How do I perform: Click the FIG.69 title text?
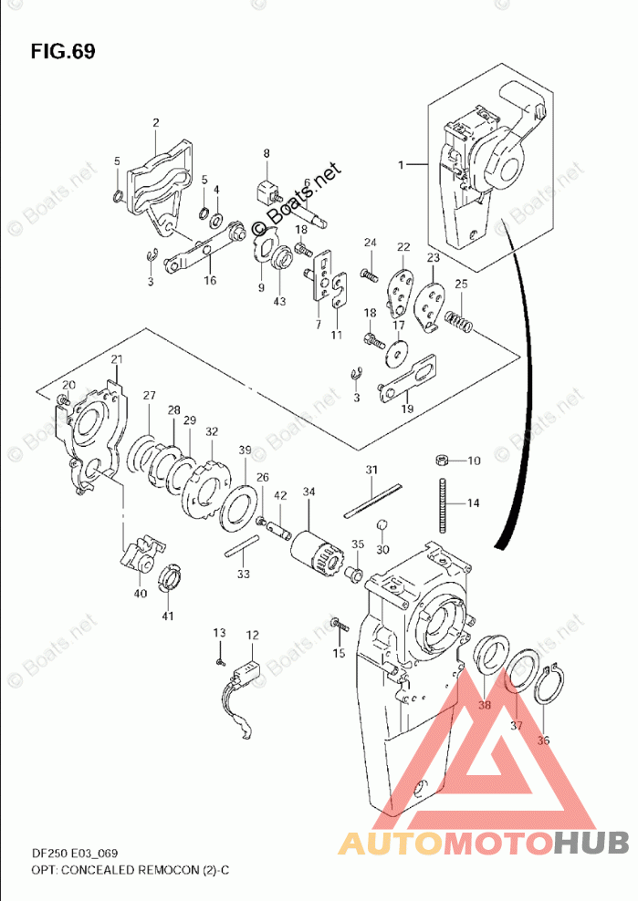tap(62, 51)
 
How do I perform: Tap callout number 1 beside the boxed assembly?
tap(401, 164)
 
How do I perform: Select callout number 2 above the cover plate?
tap(155, 123)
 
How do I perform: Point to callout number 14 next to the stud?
tap(474, 502)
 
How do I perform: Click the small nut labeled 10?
tap(441, 460)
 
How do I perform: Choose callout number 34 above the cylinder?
tap(309, 492)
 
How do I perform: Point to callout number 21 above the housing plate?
tap(116, 358)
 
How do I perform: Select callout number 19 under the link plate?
tap(407, 409)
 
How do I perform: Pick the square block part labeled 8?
tap(267, 192)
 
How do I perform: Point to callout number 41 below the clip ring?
tap(167, 617)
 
